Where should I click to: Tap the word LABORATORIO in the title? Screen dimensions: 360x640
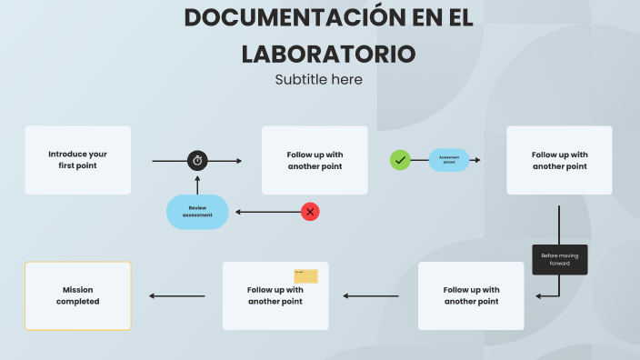[328, 53]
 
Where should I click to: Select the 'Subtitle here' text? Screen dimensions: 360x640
[318, 79]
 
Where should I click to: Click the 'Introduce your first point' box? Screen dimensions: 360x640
[77, 160]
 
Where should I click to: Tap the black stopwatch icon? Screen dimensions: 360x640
[198, 160]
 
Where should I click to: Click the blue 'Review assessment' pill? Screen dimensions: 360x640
[197, 212]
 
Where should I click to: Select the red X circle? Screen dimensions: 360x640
[310, 212]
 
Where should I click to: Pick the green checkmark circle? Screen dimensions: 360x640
[400, 160]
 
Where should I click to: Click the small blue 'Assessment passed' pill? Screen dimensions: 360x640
[449, 160]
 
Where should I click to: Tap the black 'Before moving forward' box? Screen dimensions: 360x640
[559, 259]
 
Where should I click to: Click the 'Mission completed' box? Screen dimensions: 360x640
[77, 295]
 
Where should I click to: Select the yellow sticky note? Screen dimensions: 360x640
[305, 276]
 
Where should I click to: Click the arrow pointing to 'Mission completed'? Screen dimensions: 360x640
[177, 295]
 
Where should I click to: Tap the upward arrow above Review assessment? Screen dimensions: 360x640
[197, 182]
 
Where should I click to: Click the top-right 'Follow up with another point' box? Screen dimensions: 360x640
[559, 160]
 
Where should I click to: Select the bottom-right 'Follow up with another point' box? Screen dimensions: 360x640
[471, 295]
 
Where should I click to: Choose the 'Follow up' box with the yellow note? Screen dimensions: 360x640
[275, 295]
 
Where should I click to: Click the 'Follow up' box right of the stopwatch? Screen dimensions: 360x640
[315, 160]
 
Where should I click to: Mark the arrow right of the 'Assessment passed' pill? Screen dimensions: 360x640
[475, 160]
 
